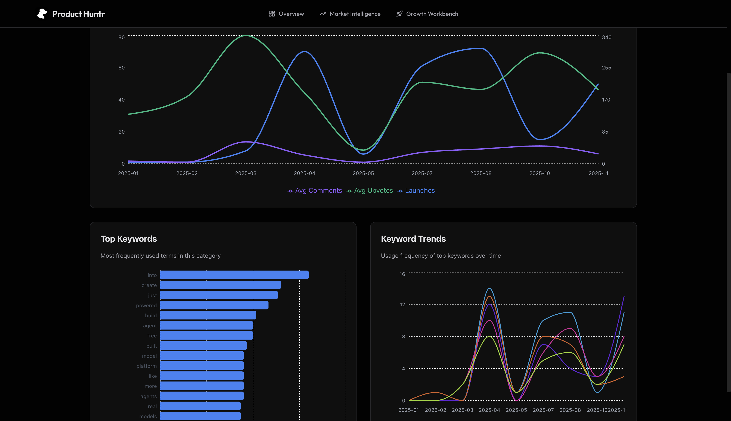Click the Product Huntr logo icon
coord(42,14)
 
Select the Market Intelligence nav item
coord(350,14)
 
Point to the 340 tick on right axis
coord(606,37)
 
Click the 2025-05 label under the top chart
coord(363,173)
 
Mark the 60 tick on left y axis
coord(121,68)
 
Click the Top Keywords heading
coord(129,239)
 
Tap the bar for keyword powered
coord(214,305)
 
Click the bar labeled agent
coord(206,325)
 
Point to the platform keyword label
coord(146,366)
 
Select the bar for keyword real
coord(200,406)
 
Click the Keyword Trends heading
coord(413,239)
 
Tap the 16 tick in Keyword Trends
coord(402,274)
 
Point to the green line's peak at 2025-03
coord(246,35)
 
